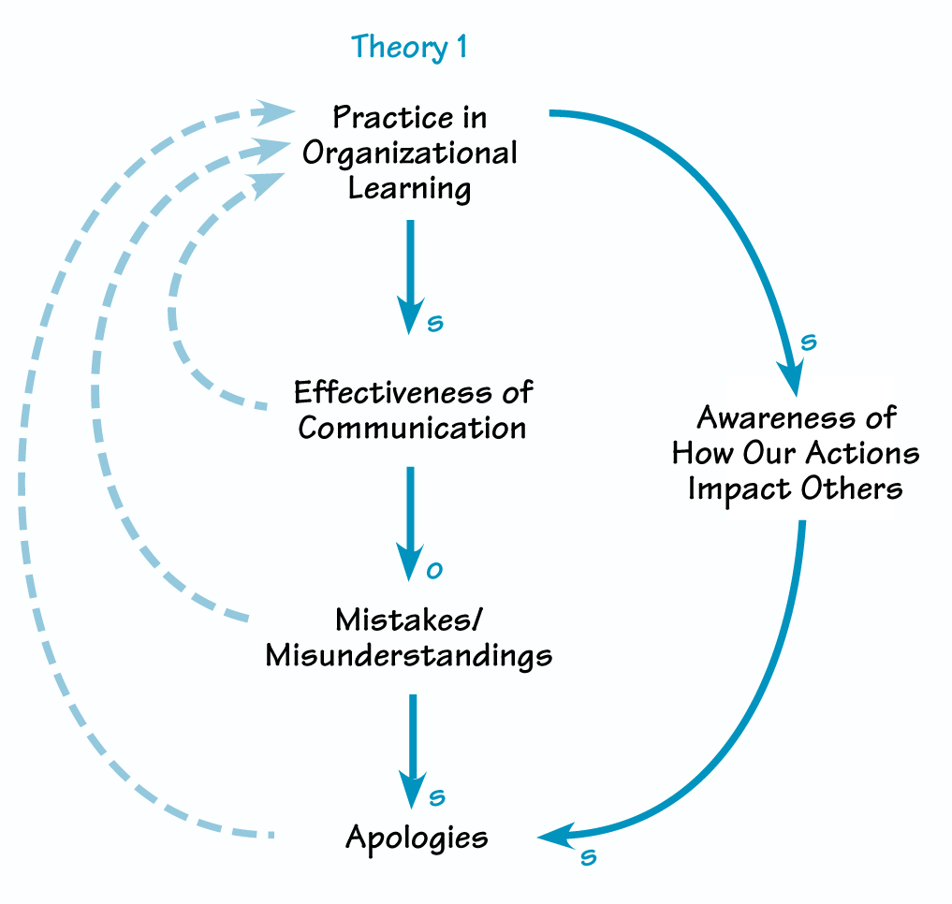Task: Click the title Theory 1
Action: tap(409, 47)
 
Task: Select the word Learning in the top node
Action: tap(409, 187)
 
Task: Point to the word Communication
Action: tap(412, 428)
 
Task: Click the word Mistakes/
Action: tap(409, 620)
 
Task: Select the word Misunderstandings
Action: tap(409, 655)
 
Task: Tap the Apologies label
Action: tap(417, 836)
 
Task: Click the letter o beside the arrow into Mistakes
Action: tap(433, 570)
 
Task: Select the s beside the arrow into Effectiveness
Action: tap(434, 324)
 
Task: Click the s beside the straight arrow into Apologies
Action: tap(436, 797)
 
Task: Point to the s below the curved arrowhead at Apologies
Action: tap(588, 856)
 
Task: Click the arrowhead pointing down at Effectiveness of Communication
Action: tap(409, 313)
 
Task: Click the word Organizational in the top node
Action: tap(409, 153)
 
